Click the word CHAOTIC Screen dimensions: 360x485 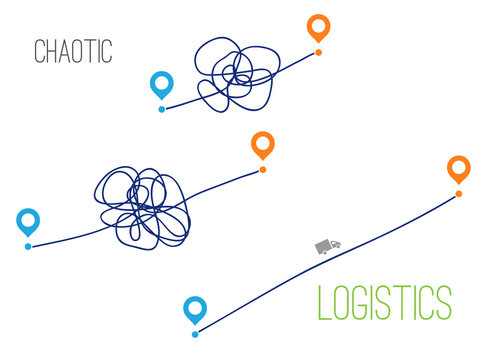[x=72, y=51]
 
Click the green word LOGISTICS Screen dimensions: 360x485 [x=384, y=302]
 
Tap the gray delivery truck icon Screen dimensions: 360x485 [x=327, y=246]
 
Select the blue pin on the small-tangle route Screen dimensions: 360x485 [x=160, y=86]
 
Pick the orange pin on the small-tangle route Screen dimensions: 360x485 [x=318, y=27]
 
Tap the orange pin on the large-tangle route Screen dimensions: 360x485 [x=262, y=146]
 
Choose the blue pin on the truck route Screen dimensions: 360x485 [x=195, y=309]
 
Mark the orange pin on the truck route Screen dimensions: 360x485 [x=458, y=169]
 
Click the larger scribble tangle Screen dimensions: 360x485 [x=144, y=203]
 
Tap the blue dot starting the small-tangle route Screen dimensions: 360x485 [x=162, y=109]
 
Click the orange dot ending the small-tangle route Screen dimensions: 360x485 [x=318, y=51]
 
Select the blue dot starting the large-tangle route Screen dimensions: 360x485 [x=28, y=245]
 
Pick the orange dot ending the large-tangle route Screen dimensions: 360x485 [x=262, y=170]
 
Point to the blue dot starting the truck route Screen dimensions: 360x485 [x=195, y=333]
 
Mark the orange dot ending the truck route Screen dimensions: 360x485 [x=458, y=193]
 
